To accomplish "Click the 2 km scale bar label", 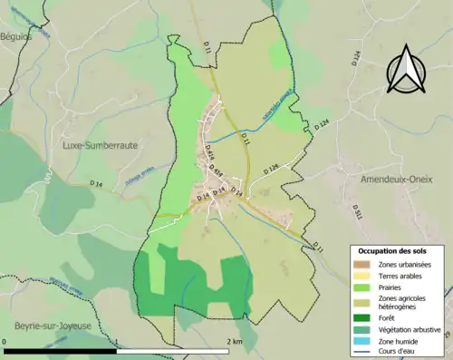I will (234, 342).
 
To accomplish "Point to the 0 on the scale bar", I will (5, 342).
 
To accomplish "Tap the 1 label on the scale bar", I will (117, 342).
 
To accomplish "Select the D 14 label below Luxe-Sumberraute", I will (96, 184).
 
